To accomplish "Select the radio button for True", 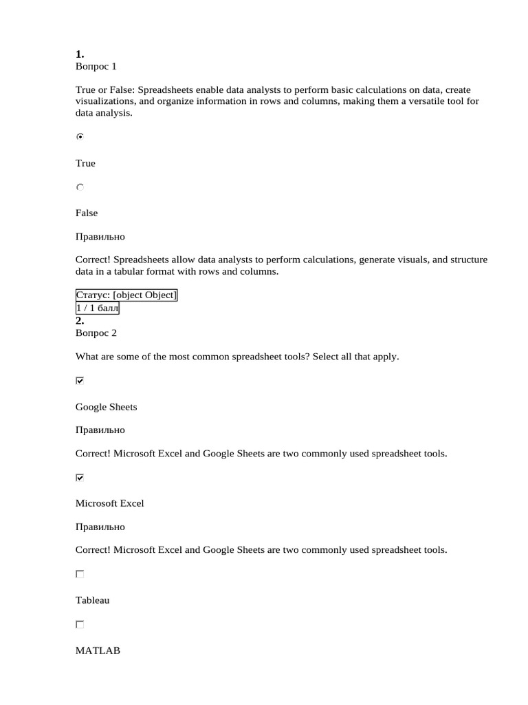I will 80,137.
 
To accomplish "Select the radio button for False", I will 80,187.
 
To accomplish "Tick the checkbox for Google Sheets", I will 80,381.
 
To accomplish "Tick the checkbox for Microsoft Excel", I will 80,477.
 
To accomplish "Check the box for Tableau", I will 80,574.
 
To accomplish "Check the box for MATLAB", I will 80,624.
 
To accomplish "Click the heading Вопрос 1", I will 96,67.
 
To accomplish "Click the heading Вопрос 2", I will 96,333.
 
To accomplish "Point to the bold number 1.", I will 80,54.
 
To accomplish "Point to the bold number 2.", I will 80,321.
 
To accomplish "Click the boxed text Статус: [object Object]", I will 126,295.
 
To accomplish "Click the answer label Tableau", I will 92,600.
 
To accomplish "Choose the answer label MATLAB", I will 98,651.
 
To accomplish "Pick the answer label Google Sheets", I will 106,407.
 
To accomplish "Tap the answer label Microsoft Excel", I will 110,503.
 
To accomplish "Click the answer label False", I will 87,213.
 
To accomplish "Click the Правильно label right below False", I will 100,237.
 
